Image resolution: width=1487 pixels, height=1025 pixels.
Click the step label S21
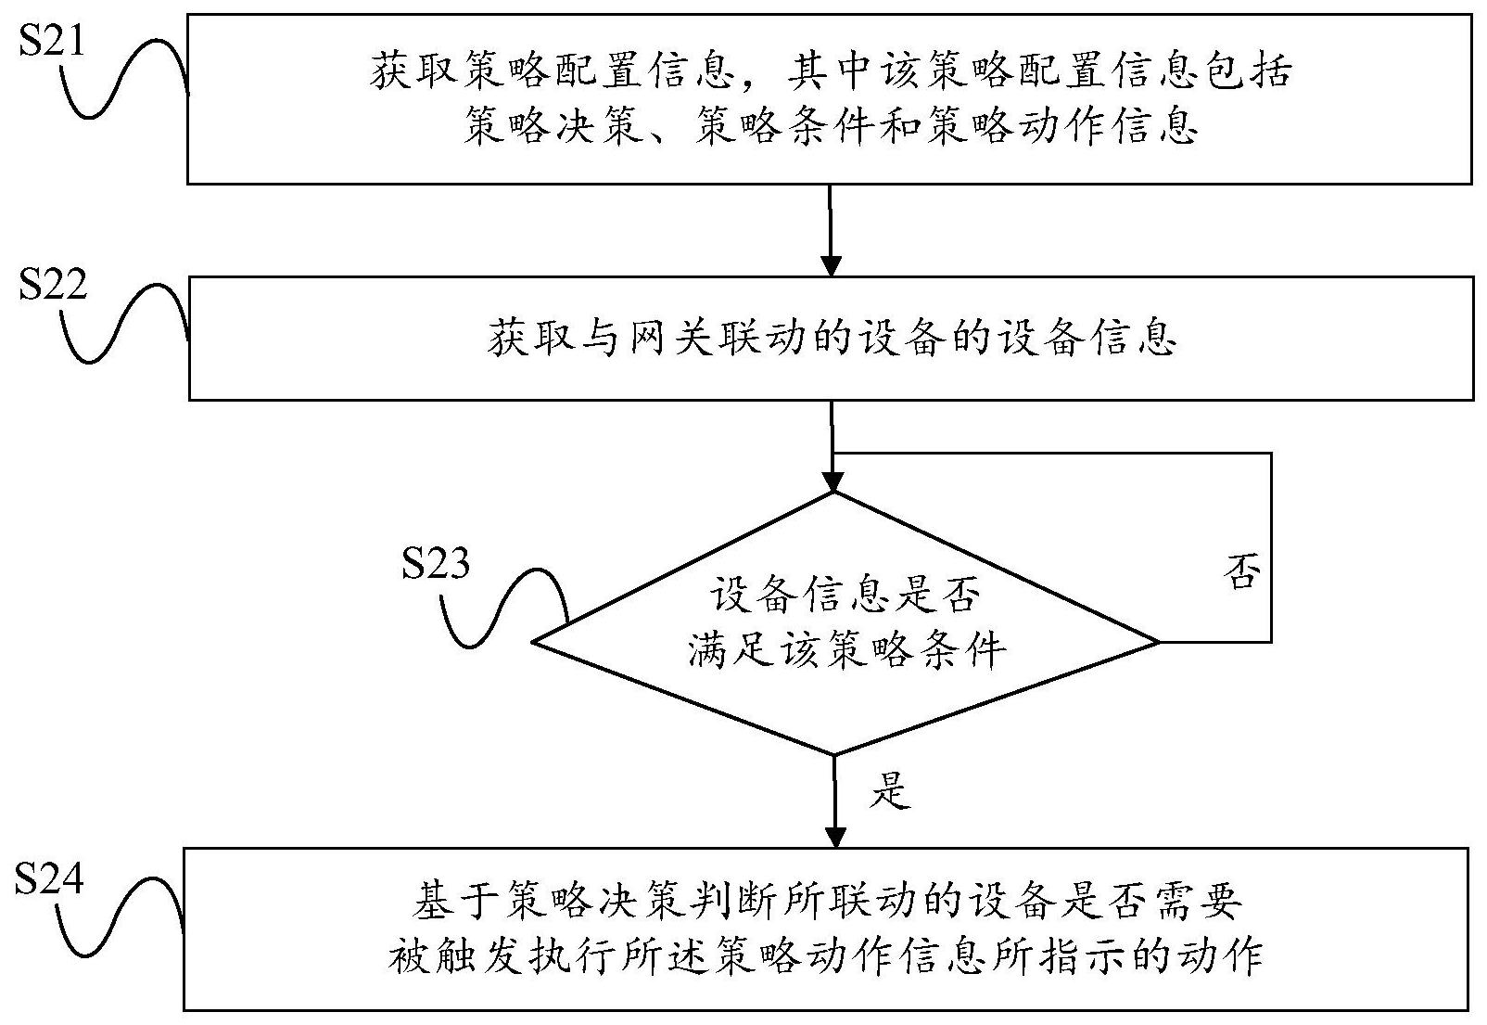click(x=52, y=41)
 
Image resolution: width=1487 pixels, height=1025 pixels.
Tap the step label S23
click(x=435, y=564)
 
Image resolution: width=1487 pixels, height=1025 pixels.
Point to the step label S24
click(x=49, y=877)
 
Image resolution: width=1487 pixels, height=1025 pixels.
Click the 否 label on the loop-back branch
click(x=1241, y=572)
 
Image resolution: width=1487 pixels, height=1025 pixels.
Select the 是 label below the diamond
click(x=891, y=790)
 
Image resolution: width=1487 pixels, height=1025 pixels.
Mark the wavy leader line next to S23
click(x=505, y=608)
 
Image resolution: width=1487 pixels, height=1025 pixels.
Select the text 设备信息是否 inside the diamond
click(x=843, y=596)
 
